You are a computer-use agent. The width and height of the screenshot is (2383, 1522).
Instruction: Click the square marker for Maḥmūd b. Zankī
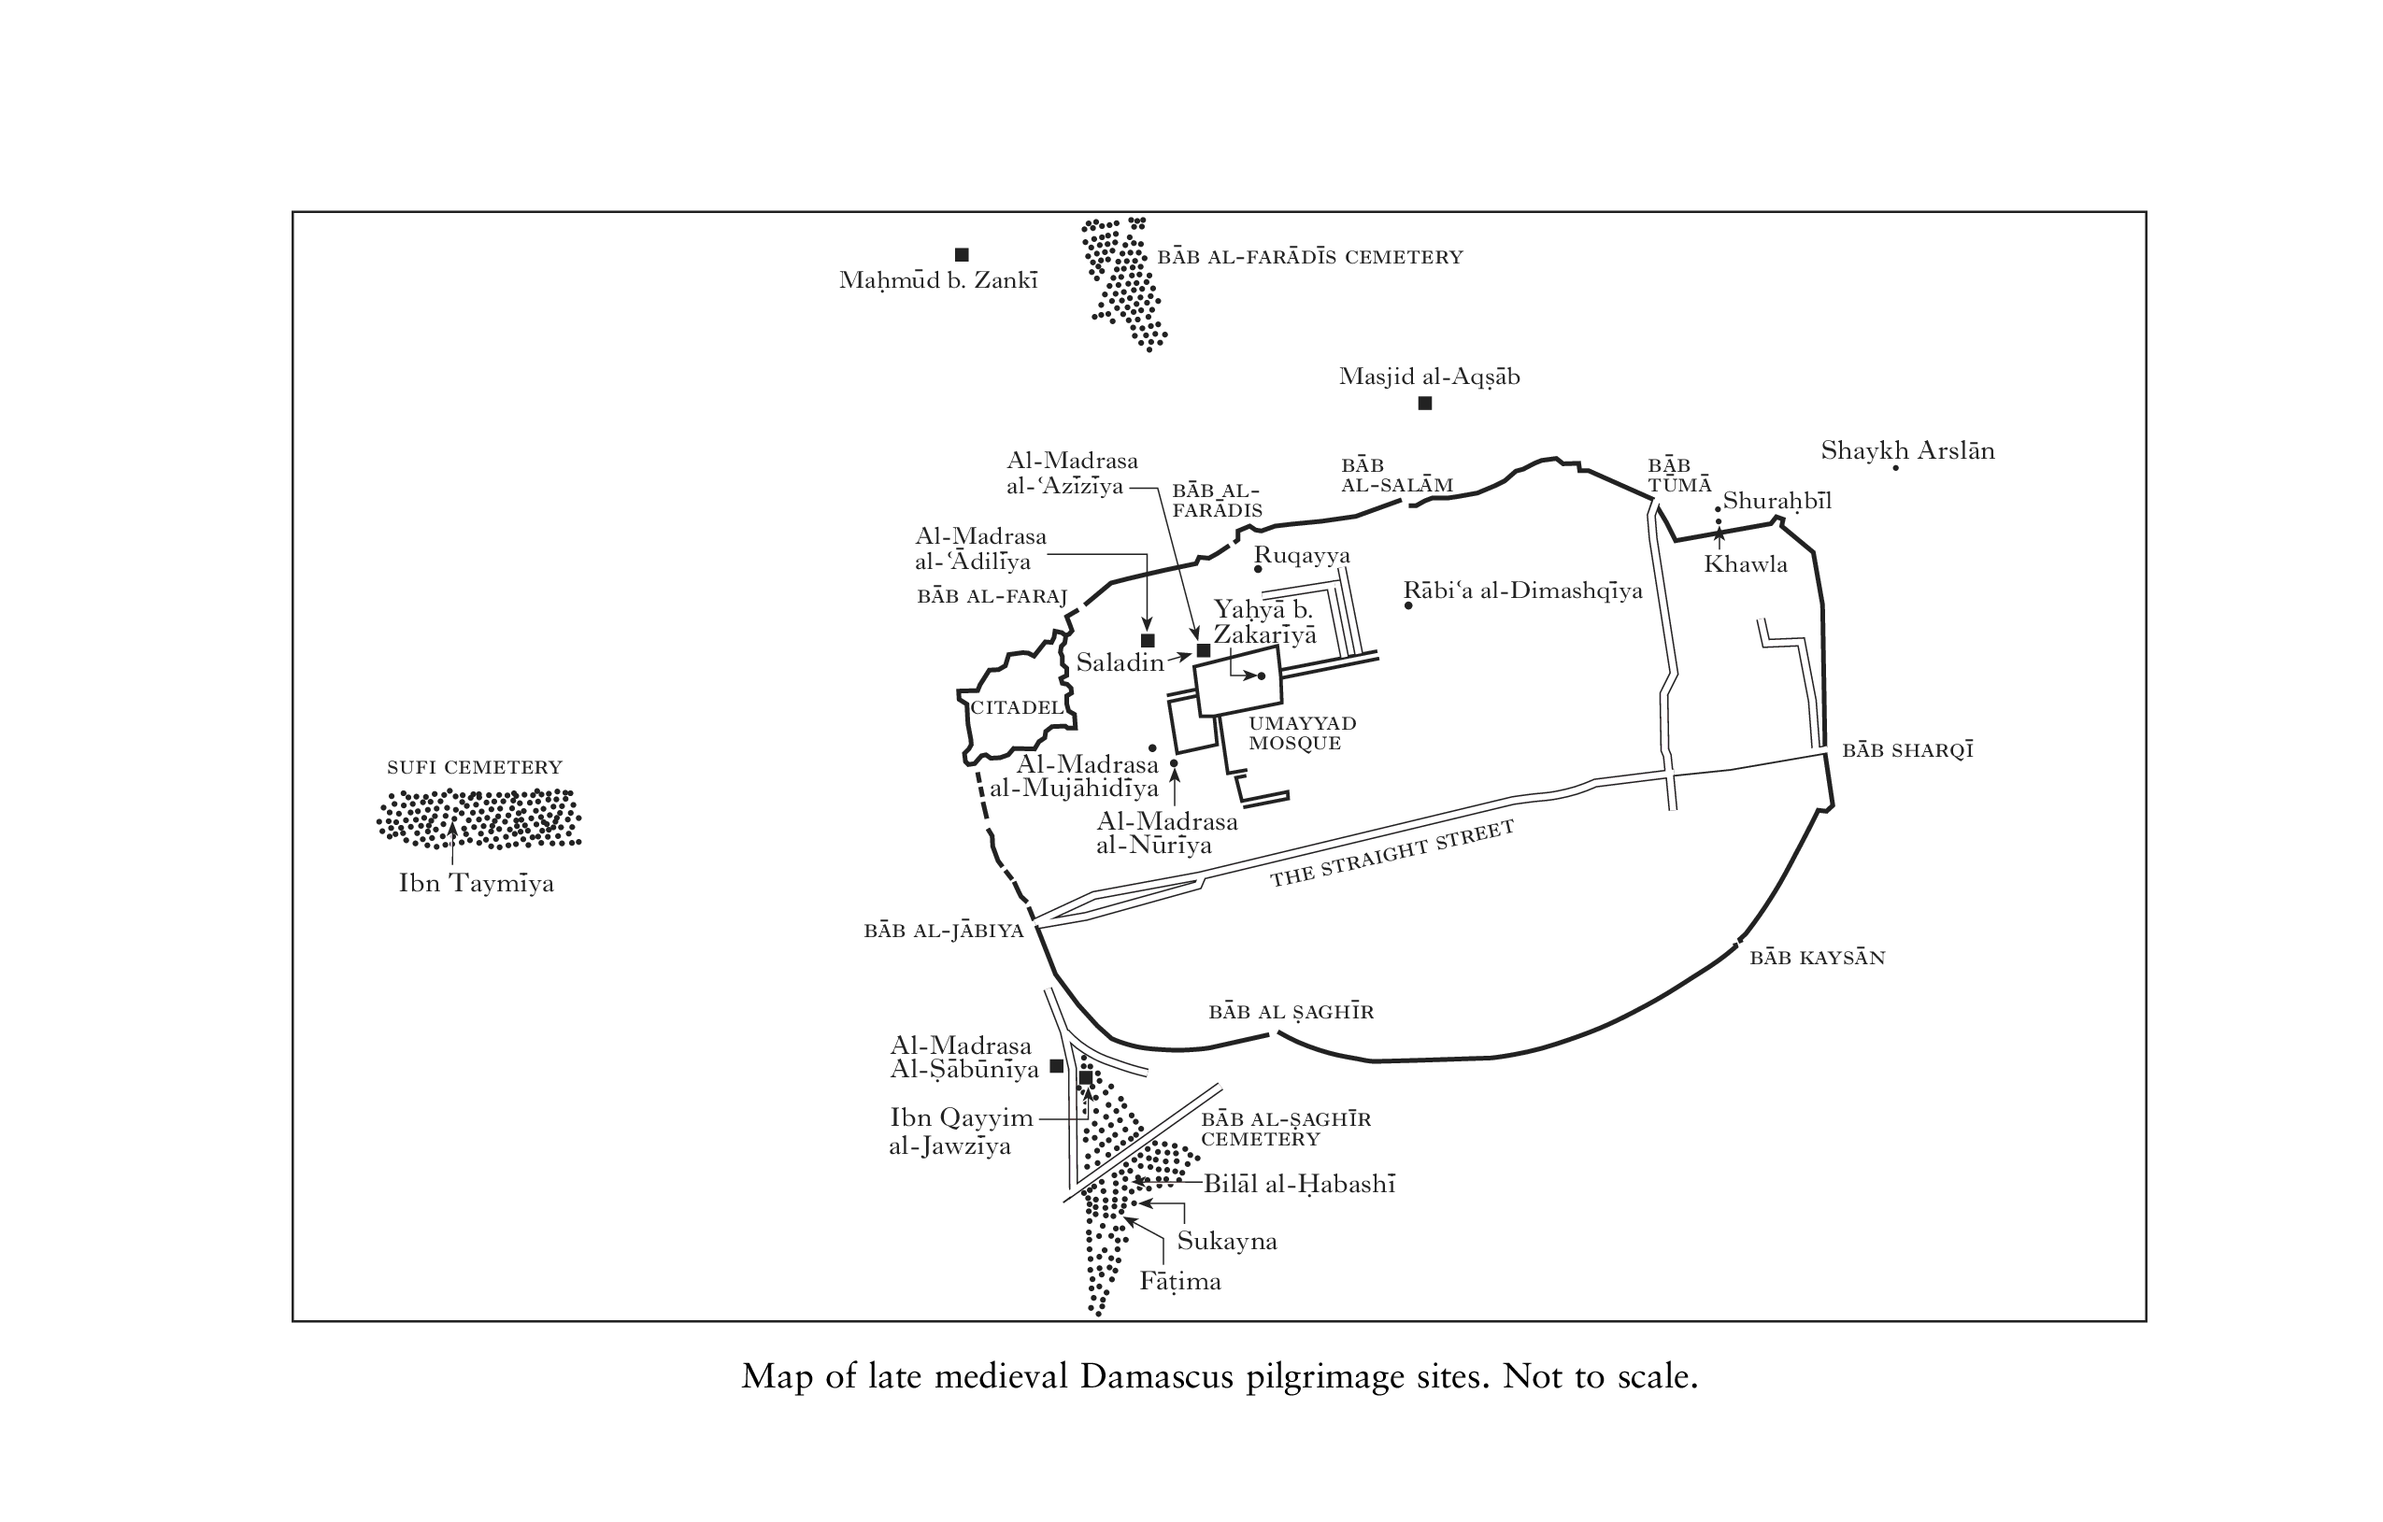pyautogui.click(x=961, y=254)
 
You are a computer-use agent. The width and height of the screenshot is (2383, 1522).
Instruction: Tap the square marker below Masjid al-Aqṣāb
pyautogui.click(x=1425, y=403)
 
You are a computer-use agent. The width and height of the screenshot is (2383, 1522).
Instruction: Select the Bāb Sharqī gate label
pyautogui.click(x=1907, y=750)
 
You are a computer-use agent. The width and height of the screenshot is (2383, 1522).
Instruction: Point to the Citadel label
pyautogui.click(x=1017, y=707)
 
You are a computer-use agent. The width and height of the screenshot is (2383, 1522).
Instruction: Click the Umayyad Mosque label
pyautogui.click(x=1302, y=733)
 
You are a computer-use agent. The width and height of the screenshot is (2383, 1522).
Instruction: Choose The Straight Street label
pyautogui.click(x=1391, y=853)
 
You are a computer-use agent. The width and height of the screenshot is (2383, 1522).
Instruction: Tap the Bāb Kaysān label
pyautogui.click(x=1817, y=958)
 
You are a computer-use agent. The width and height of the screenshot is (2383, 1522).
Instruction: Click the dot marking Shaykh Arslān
pyautogui.click(x=1895, y=467)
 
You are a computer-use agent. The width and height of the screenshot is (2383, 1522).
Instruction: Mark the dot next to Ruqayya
pyautogui.click(x=1258, y=569)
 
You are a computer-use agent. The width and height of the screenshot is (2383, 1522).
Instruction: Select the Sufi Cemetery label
pyautogui.click(x=474, y=767)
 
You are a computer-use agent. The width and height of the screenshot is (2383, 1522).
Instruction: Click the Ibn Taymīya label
pyautogui.click(x=475, y=884)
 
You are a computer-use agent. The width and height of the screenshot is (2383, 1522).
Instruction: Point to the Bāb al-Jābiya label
pyautogui.click(x=943, y=932)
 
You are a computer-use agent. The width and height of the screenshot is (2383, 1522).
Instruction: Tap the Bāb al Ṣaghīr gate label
pyautogui.click(x=1291, y=1011)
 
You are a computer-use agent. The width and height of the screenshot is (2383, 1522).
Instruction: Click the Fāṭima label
pyautogui.click(x=1179, y=1282)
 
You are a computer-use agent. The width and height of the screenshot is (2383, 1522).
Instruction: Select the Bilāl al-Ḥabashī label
pyautogui.click(x=1298, y=1185)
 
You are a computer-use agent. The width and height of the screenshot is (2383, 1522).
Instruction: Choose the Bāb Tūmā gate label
pyautogui.click(x=1678, y=475)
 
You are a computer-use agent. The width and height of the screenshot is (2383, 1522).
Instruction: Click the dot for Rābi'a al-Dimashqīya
pyautogui.click(x=1408, y=605)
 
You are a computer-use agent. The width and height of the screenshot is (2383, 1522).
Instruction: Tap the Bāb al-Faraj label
pyautogui.click(x=992, y=597)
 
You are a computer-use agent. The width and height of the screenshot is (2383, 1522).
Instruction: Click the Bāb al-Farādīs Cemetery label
pyautogui.click(x=1309, y=257)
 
